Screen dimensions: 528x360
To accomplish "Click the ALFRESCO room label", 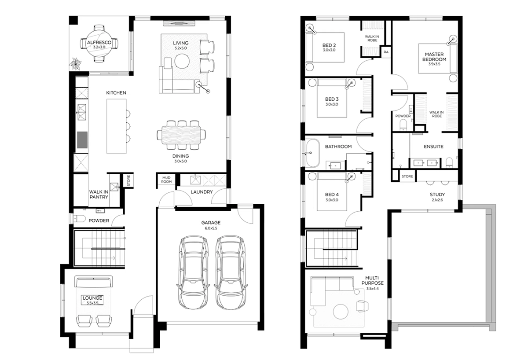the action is pyautogui.click(x=99, y=43).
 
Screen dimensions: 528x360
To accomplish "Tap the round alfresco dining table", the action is pyautogui.click(x=99, y=44).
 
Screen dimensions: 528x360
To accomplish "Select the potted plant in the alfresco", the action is pyautogui.click(x=75, y=64).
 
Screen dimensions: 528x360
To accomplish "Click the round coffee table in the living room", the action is pyautogui.click(x=182, y=61).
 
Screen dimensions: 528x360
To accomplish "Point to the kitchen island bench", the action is pyautogui.click(x=116, y=126).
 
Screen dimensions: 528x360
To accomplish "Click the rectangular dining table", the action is pyautogui.click(x=181, y=135).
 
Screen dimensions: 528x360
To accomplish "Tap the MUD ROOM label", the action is pyautogui.click(x=166, y=180).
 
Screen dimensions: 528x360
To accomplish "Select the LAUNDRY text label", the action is pyautogui.click(x=202, y=192).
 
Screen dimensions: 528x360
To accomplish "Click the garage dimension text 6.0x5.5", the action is pyautogui.click(x=211, y=228).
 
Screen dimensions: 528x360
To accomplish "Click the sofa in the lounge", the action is pyautogui.click(x=93, y=281).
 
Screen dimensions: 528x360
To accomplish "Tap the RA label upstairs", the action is pyautogui.click(x=386, y=52).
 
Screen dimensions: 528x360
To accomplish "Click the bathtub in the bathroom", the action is pyautogui.click(x=312, y=153).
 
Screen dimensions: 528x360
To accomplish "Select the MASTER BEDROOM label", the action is pyautogui.click(x=434, y=57).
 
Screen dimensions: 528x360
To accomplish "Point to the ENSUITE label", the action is pyautogui.click(x=433, y=147).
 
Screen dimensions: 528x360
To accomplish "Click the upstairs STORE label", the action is pyautogui.click(x=407, y=176).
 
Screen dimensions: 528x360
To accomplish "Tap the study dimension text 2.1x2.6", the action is pyautogui.click(x=437, y=200).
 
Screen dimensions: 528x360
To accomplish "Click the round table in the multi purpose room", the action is pyautogui.click(x=341, y=312).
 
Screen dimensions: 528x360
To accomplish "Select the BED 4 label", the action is pyautogui.click(x=332, y=195).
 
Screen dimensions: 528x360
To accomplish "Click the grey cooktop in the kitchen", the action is pyautogui.click(x=82, y=140).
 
